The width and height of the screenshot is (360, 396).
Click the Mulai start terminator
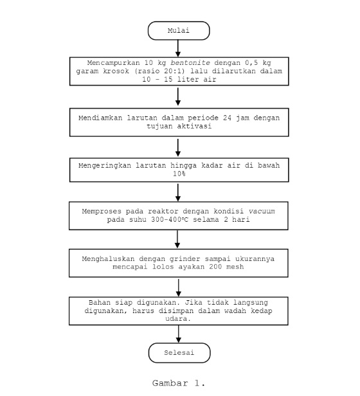pos(179,30)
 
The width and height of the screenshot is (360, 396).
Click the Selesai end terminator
pos(179,353)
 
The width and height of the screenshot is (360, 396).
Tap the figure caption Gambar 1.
pos(179,383)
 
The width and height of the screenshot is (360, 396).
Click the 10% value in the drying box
pos(179,173)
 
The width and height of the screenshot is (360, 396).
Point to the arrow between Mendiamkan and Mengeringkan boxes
pos(179,147)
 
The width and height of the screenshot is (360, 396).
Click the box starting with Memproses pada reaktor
pos(179,215)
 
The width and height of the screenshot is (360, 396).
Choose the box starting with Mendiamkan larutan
pos(179,122)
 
